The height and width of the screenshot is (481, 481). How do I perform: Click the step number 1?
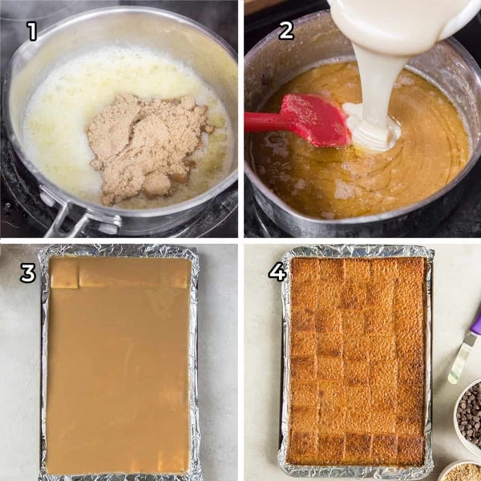point(32,31)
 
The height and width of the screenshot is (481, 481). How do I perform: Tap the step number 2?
point(285,31)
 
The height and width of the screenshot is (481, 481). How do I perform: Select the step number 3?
point(28,273)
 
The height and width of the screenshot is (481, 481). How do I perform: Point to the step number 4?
point(277,273)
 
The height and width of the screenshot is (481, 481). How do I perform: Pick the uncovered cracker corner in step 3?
point(64,273)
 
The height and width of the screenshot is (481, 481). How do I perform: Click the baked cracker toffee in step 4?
point(357,361)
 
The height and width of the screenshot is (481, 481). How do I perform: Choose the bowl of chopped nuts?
point(463,472)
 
